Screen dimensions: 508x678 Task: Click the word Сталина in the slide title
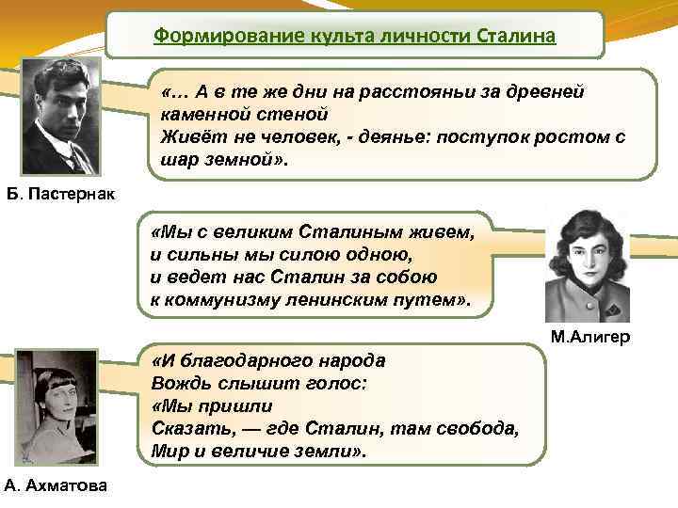coord(517,37)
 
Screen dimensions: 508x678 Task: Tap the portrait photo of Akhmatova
coord(56,407)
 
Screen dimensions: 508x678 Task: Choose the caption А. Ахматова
coord(56,485)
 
